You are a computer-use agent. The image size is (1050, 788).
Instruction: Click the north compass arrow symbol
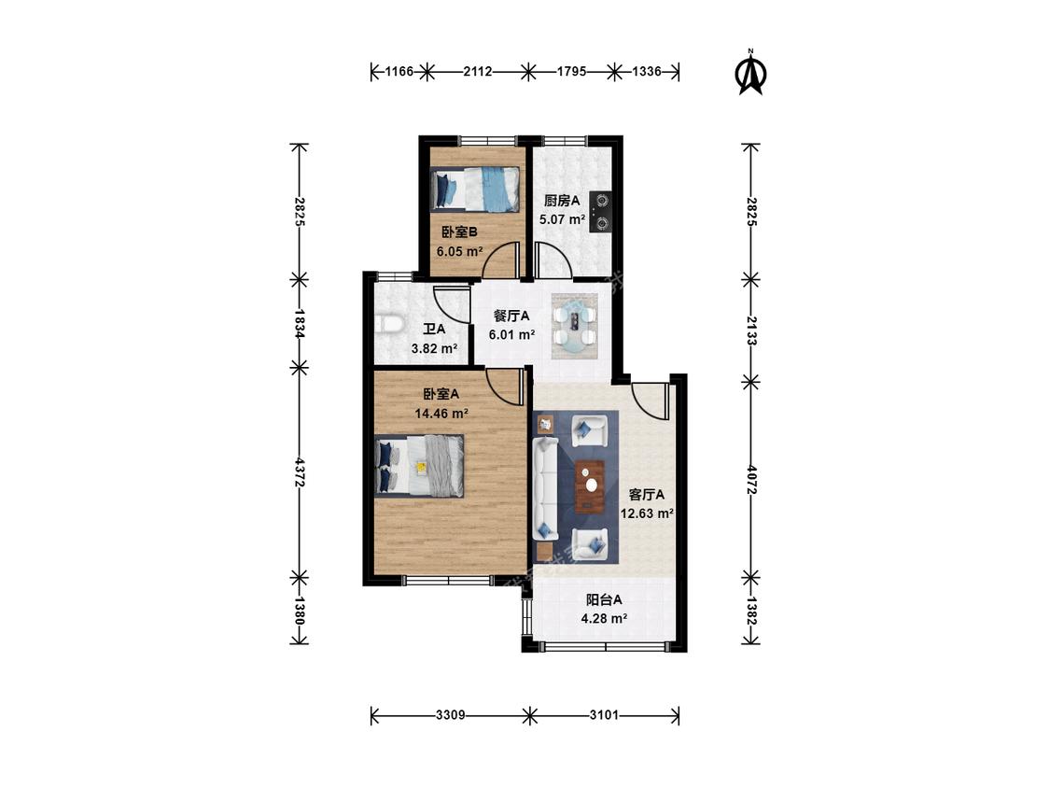click(x=750, y=73)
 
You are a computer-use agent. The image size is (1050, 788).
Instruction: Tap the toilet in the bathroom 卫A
click(x=387, y=324)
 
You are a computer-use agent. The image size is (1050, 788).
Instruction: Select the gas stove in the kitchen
click(x=600, y=212)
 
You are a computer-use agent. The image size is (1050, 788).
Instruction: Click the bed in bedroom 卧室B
click(x=475, y=190)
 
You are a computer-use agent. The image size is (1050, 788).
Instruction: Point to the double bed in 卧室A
click(x=419, y=466)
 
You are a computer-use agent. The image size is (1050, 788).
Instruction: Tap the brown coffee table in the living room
click(x=590, y=485)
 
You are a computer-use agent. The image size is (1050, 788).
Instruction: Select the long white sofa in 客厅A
click(x=546, y=488)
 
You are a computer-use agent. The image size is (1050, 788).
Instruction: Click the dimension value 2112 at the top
click(x=478, y=71)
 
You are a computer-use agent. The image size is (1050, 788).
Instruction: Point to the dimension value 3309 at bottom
click(x=451, y=715)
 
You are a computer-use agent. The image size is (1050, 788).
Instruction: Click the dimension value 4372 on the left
click(x=300, y=472)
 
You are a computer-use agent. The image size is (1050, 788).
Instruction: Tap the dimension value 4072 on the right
click(x=750, y=480)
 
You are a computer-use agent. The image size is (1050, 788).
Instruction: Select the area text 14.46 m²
click(x=441, y=414)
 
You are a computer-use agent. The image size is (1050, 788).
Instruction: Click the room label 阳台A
click(x=604, y=599)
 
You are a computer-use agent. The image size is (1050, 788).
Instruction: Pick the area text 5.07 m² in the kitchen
click(x=563, y=219)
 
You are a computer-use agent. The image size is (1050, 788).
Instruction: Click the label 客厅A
click(x=647, y=495)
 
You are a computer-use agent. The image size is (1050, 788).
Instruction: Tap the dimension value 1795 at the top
click(x=572, y=71)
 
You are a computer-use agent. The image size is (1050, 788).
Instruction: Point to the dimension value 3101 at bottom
click(x=604, y=715)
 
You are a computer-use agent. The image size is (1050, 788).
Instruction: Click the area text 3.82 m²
click(x=434, y=348)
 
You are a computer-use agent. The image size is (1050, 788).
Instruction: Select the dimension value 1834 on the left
click(x=300, y=323)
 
